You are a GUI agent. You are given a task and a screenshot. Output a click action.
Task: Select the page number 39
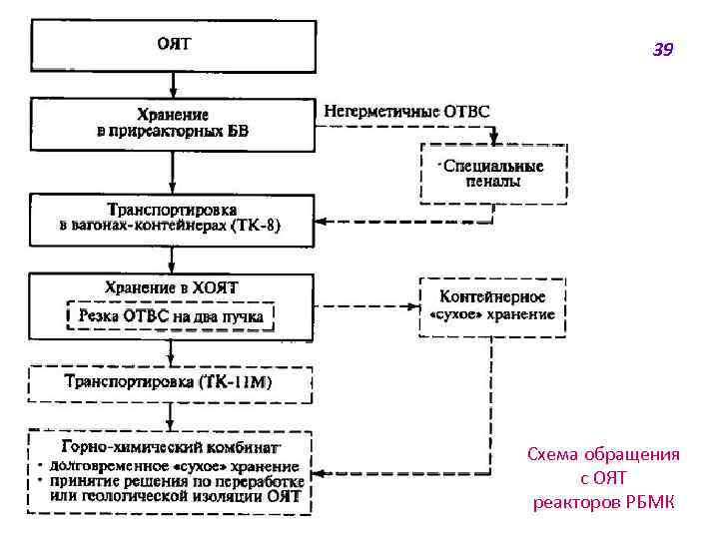click(663, 49)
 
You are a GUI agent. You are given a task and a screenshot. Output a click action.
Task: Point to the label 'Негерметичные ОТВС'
click(406, 112)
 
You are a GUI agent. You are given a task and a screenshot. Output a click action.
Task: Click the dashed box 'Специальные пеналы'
click(492, 175)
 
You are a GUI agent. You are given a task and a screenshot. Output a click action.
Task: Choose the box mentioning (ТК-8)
click(172, 219)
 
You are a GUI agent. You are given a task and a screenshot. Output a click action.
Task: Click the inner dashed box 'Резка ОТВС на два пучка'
click(171, 317)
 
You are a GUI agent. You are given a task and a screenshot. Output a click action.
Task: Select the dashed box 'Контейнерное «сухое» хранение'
click(492, 305)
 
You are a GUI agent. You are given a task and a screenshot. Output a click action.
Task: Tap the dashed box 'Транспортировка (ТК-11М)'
click(170, 382)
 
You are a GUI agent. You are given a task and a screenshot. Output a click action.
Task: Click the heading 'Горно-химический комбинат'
click(170, 447)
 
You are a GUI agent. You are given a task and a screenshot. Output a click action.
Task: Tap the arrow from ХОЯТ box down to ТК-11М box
click(172, 352)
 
